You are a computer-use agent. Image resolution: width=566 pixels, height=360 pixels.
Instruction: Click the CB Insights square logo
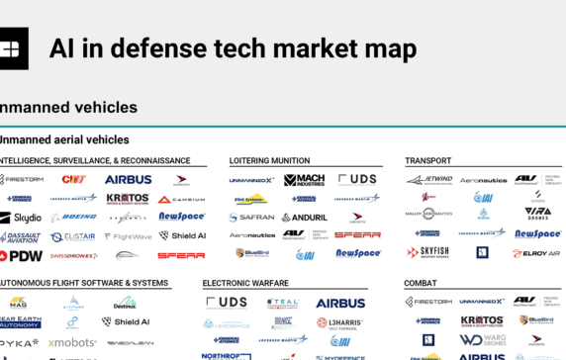13,47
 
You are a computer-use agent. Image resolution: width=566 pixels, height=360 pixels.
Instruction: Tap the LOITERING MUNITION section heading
269,160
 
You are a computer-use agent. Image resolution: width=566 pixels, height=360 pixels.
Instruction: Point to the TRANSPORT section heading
428,160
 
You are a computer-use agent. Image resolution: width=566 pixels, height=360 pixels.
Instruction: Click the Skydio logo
21,218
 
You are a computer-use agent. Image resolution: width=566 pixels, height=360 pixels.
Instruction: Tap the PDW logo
21,255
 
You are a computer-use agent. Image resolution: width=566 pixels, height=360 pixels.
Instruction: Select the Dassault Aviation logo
22,236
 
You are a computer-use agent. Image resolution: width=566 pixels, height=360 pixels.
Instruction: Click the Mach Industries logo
304,180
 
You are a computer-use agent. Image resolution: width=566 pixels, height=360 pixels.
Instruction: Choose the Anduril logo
304,217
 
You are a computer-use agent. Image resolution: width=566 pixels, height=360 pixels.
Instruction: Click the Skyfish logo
427,252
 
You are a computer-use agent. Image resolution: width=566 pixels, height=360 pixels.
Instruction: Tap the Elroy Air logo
536,252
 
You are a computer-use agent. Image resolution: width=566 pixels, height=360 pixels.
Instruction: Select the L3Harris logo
339,321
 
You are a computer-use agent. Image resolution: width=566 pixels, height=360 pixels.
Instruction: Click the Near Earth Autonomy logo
21,322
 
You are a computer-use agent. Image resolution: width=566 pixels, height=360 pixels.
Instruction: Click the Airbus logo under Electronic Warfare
339,303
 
